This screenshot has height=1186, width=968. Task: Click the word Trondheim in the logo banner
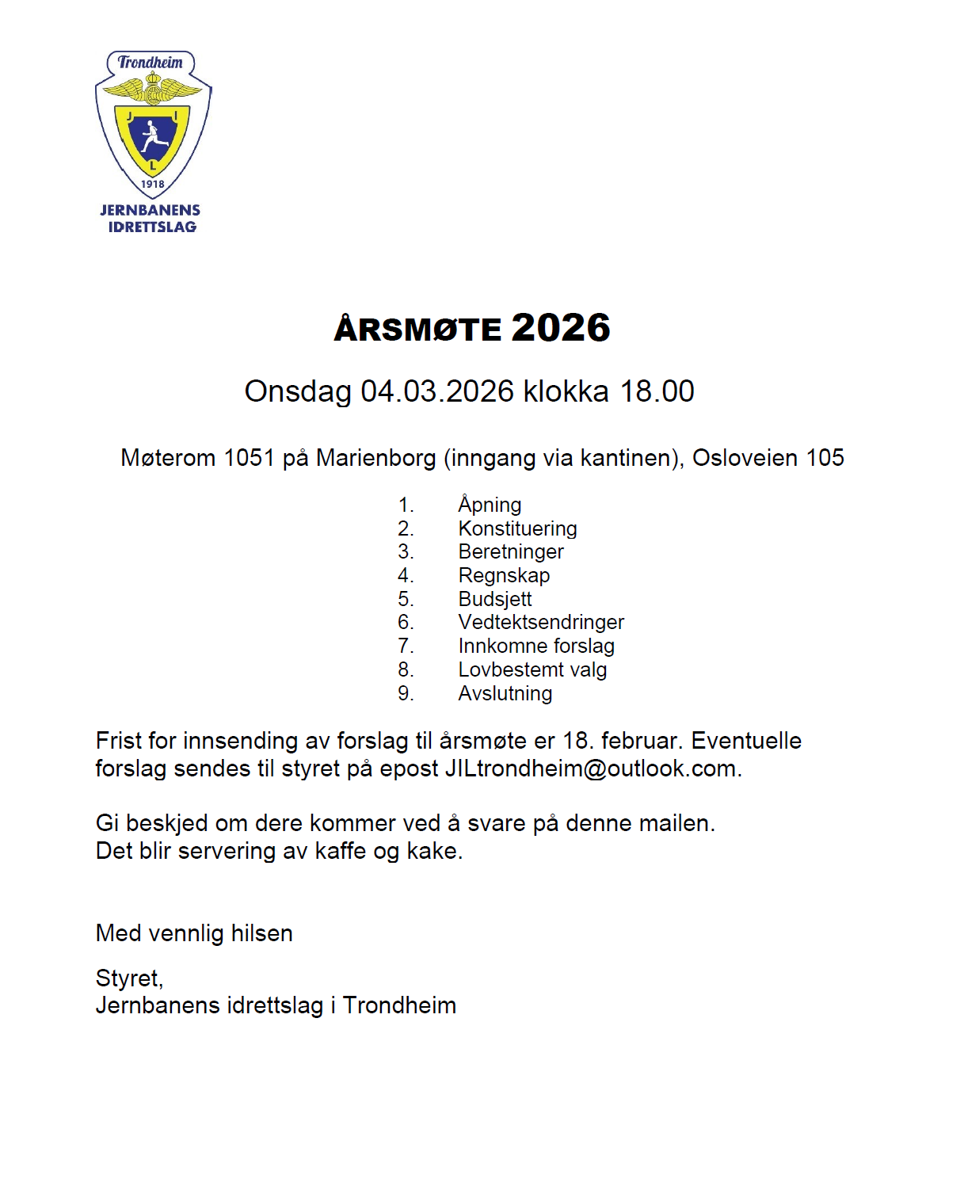[x=151, y=63]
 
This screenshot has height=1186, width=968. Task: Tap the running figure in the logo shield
[x=152, y=135]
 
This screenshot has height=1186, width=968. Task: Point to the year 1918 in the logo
[x=152, y=184]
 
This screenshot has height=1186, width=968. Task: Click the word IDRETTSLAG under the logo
[x=152, y=227]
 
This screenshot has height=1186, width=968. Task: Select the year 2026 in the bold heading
[x=561, y=328]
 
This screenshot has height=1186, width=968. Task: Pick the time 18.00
[x=657, y=391]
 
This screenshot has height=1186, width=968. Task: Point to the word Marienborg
[x=375, y=458]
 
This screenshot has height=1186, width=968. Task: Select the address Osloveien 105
[x=768, y=458]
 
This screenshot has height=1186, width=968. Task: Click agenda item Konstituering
[x=517, y=528]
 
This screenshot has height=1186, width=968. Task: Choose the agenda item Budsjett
[x=495, y=599]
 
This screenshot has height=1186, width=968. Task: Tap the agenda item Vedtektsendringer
[x=541, y=622]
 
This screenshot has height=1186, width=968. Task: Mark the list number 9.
[x=405, y=693]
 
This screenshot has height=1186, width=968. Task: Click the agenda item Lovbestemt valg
[x=532, y=669]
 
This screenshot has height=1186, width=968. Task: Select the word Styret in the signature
[x=128, y=978]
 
